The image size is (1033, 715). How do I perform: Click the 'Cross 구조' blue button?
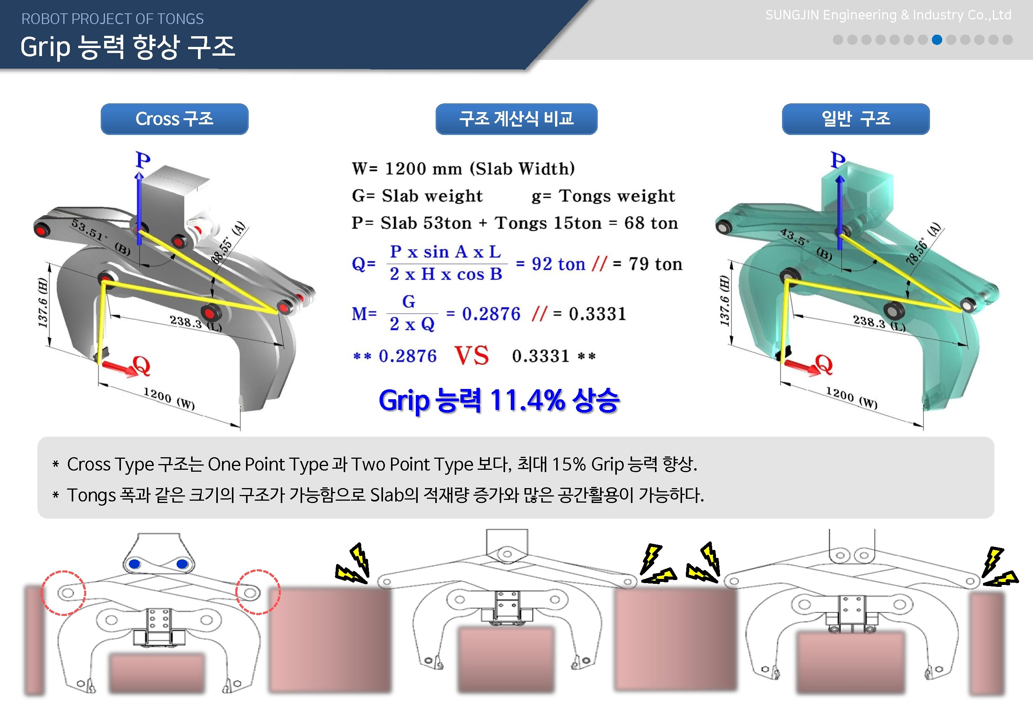[x=174, y=119]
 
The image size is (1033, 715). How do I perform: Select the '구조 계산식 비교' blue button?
[x=516, y=119]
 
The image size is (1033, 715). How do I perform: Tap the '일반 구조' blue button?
[x=856, y=119]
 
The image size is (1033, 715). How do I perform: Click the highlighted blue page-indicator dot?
[x=936, y=40]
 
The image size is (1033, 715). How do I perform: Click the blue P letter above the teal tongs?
[x=838, y=160]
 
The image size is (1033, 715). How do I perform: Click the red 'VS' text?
[x=472, y=356]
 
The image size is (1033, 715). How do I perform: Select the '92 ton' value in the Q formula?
[x=558, y=264]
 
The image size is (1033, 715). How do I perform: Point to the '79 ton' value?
[x=656, y=264]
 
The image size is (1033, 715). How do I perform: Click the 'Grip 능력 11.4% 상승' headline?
[x=499, y=400]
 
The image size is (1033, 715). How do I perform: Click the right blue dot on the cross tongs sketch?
[x=182, y=564]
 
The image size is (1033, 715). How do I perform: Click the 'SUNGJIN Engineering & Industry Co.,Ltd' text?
[x=888, y=15]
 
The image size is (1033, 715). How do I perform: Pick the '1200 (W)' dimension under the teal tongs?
[x=852, y=398]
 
